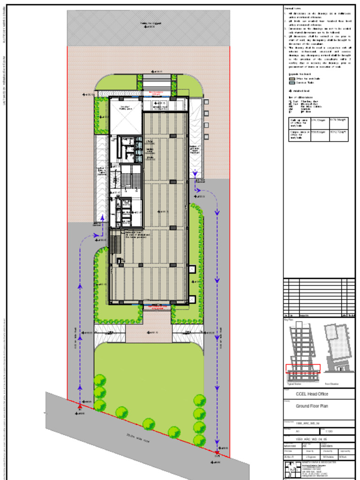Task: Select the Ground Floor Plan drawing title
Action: [312, 406]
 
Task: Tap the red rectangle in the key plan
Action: [303, 368]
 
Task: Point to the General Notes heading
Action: [294, 8]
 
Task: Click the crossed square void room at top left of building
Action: [126, 115]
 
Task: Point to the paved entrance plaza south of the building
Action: [157, 327]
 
